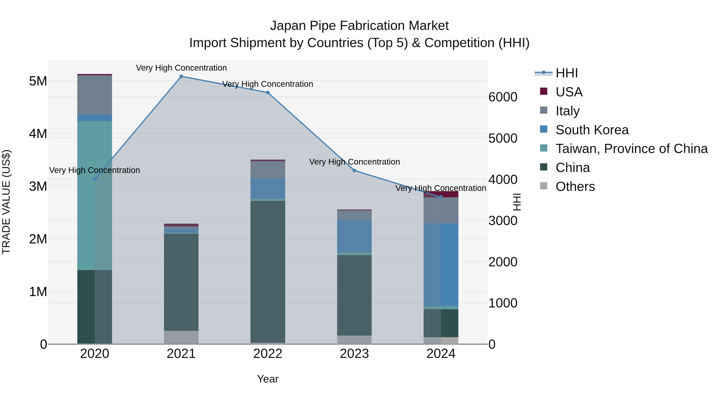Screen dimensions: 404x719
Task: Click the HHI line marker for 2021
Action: [x=181, y=76]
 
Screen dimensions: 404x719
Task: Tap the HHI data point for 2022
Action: [x=268, y=93]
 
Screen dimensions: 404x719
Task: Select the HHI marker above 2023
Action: [x=355, y=170]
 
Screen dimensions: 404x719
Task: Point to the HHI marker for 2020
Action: [x=95, y=179]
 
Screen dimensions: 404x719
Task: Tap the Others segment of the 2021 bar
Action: [x=181, y=337]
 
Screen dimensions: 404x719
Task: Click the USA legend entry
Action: [x=569, y=92]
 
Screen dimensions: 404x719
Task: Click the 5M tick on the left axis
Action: [x=38, y=81]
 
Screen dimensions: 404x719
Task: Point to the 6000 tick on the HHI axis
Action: [x=503, y=97]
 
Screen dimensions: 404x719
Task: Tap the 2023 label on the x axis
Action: [x=355, y=354]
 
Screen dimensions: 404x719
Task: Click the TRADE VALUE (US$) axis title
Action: [x=6, y=202]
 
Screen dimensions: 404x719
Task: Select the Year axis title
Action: [x=268, y=379]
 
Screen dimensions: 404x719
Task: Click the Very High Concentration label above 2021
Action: [x=181, y=68]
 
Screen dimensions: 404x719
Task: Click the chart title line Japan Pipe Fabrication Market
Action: [x=359, y=26]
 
